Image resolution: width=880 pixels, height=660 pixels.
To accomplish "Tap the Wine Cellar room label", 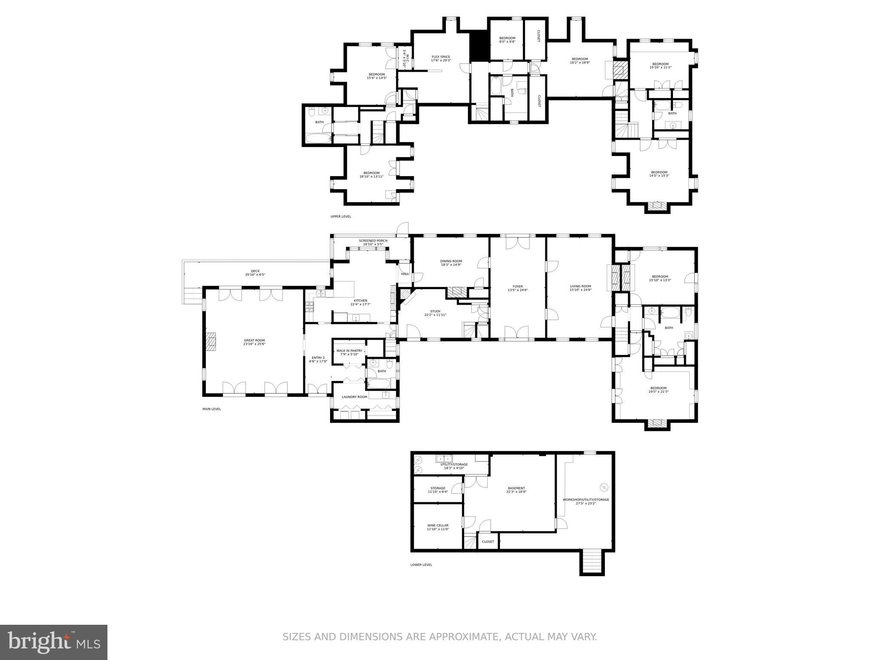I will point(438,525).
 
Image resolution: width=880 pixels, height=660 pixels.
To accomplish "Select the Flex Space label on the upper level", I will point(441,57).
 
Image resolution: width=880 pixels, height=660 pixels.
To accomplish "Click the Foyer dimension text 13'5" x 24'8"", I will point(517,290).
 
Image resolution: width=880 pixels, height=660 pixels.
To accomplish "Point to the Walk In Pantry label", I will point(349,351).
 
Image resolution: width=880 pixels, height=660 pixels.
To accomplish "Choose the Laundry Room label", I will point(354,397).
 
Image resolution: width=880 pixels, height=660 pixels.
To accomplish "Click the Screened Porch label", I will point(373,241).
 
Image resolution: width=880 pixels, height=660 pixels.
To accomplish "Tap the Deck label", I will point(255,271).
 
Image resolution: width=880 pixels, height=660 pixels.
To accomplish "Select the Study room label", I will point(435,311).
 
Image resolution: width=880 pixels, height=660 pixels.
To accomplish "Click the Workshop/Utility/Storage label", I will point(586,500).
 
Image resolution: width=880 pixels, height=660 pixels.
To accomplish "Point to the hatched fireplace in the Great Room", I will point(211,342).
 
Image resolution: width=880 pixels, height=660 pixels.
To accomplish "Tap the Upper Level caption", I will point(341,217).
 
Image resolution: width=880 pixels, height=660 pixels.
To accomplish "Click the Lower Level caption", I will point(421,565).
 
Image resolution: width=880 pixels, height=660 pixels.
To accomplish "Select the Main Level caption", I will point(211,409).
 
